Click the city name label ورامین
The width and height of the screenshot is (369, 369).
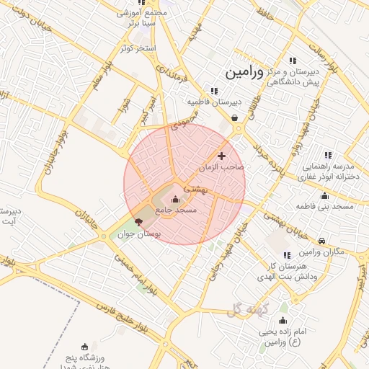[247, 73]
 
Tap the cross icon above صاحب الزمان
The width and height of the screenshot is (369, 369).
[221, 156]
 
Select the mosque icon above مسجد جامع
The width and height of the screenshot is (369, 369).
[177, 198]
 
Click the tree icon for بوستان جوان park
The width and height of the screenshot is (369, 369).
[138, 223]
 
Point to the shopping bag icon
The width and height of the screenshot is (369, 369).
[235, 118]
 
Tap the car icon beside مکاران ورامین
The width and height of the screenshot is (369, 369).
[321, 241]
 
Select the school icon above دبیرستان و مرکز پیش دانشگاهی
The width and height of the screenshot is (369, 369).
[292, 61]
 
